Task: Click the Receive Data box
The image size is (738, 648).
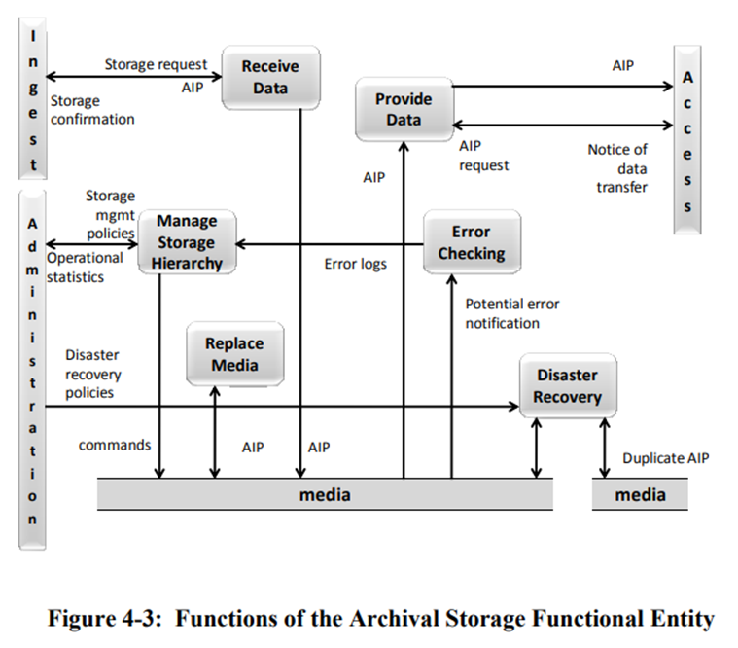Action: click(269, 77)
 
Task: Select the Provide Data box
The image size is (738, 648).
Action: click(403, 109)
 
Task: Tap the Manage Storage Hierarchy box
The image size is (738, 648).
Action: click(188, 242)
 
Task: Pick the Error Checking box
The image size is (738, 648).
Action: click(472, 243)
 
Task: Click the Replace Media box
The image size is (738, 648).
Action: click(233, 354)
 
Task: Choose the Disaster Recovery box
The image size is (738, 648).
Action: click(567, 385)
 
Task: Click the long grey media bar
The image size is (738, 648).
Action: click(325, 495)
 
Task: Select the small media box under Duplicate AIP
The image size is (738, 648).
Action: click(640, 495)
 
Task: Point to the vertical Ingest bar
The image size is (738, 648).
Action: click(33, 101)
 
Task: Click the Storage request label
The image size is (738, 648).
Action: click(156, 64)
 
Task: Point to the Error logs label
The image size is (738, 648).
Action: click(355, 264)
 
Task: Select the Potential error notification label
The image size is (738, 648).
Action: click(512, 312)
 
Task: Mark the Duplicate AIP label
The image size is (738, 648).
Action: click(665, 457)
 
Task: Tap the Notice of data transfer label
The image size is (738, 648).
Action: click(617, 167)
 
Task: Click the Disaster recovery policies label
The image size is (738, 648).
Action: click(93, 375)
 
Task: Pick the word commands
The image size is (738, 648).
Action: click(115, 446)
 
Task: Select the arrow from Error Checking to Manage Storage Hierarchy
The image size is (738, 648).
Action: click(331, 243)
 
